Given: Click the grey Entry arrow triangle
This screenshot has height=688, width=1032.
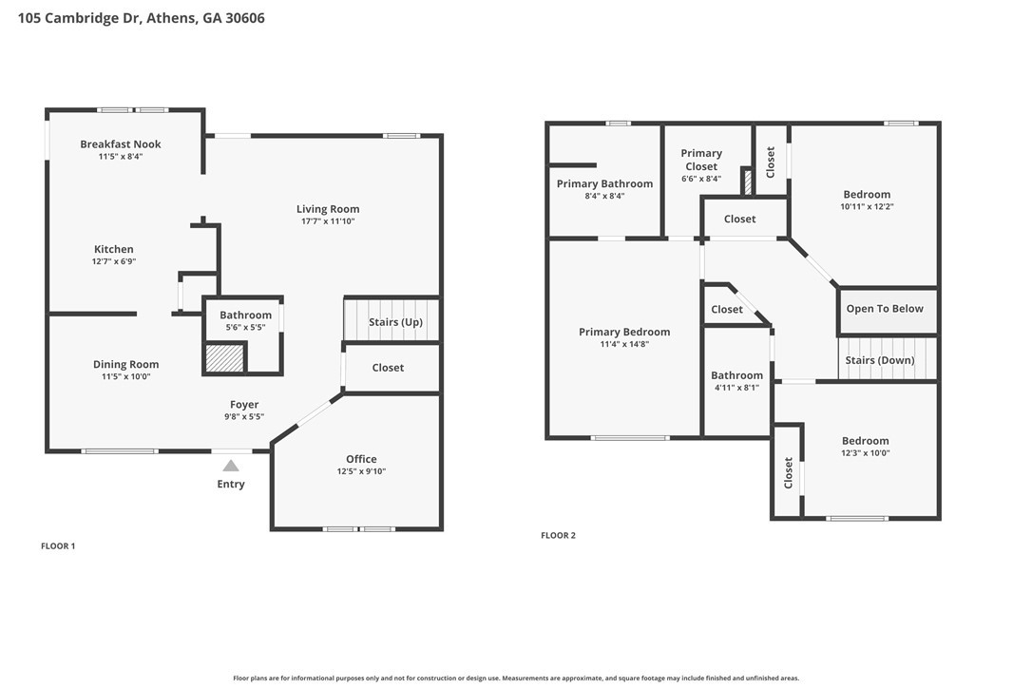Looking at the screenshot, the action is (230, 466).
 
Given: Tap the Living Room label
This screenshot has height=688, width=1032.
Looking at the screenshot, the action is (328, 209).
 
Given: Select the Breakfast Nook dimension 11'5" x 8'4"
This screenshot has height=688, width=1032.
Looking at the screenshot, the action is (121, 157).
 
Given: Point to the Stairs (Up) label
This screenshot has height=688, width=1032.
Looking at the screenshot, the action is (395, 322).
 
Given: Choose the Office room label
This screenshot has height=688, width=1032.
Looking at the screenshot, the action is (361, 459).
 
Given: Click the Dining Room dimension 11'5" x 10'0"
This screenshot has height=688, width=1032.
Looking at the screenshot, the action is (125, 376).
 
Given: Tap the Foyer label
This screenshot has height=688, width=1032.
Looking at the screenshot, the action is (244, 405).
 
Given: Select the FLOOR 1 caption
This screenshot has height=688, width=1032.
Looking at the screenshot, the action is (58, 545).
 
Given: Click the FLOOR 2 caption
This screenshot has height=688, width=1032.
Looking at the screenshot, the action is (558, 535).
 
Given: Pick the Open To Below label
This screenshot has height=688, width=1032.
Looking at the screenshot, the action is (885, 309).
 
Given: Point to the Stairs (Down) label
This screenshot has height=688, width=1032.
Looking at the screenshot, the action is (880, 360).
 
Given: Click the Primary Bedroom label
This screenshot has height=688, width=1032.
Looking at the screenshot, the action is (624, 332).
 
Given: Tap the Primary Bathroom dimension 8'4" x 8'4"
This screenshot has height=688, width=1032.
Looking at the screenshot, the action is (605, 196).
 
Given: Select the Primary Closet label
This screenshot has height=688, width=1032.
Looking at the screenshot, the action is (701, 160).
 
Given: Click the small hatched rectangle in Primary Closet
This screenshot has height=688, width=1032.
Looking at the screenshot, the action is (747, 182).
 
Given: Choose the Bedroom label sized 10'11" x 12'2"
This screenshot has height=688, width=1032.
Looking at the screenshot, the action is (867, 194).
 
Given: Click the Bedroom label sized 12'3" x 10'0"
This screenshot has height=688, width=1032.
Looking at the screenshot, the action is (866, 441).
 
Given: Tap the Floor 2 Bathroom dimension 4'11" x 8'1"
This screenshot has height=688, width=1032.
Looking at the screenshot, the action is (737, 388).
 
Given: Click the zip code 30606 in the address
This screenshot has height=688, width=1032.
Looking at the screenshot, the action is (245, 18).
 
